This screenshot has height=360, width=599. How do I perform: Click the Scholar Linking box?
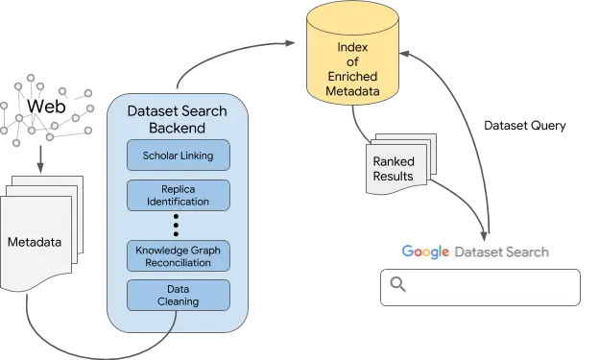(x=179, y=155)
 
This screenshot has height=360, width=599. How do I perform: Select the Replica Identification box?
(x=179, y=194)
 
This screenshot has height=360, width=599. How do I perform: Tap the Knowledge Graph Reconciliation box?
(x=179, y=254)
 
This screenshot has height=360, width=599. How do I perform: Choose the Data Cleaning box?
(x=179, y=294)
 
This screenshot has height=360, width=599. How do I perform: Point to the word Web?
(x=46, y=106)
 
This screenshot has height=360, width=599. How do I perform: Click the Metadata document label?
(x=35, y=242)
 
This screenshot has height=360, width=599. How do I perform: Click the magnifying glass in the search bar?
(x=397, y=284)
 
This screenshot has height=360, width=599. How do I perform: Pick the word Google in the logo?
(x=426, y=252)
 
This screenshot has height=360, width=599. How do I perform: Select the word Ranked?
(x=394, y=162)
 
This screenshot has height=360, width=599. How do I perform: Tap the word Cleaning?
(x=179, y=301)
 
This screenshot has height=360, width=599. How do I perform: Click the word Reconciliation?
(x=179, y=262)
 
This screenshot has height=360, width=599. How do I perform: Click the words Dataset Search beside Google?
(x=501, y=252)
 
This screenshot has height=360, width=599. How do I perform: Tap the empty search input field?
(x=490, y=286)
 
